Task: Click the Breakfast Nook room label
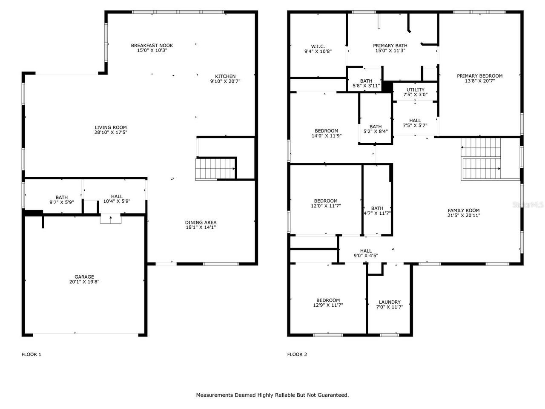[152, 45]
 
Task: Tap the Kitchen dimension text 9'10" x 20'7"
[225, 81]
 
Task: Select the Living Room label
[111, 127]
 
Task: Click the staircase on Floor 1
[215, 169]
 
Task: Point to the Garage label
[84, 277]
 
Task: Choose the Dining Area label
[201, 222]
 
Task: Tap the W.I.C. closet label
[318, 46]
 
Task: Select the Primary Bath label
[390, 46]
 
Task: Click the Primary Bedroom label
[479, 76]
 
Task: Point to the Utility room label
[415, 90]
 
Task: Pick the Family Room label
[463, 210]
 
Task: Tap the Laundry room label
[390, 302]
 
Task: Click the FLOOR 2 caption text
[297, 354]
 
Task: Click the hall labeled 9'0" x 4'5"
[366, 251]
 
